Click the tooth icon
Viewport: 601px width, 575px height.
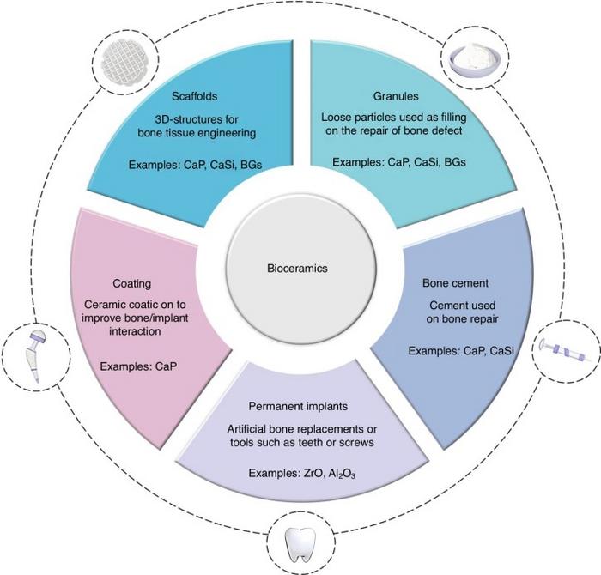pos(300,542)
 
